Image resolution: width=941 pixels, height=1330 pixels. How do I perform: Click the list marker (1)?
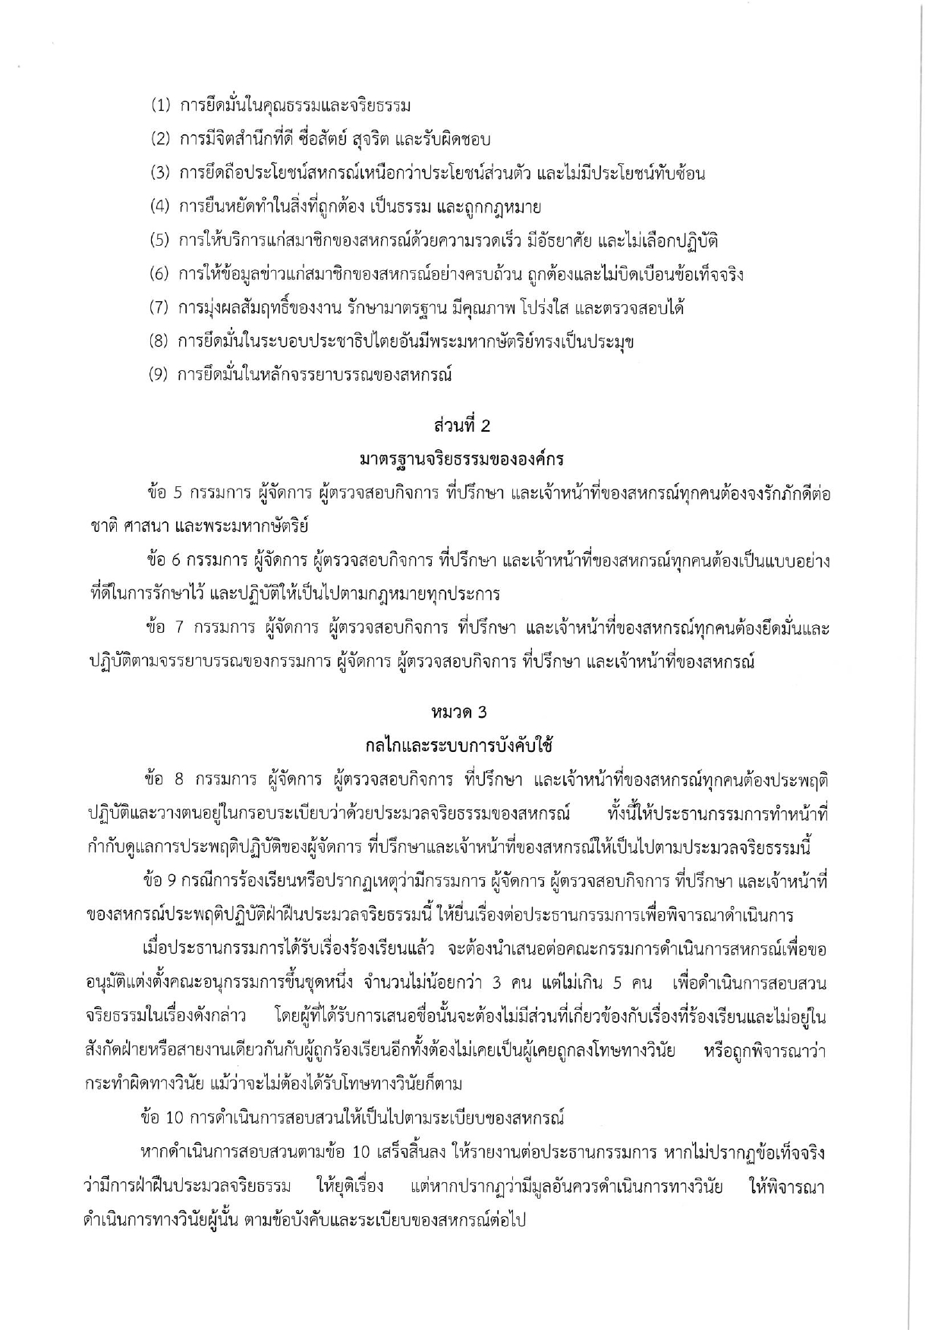point(159,106)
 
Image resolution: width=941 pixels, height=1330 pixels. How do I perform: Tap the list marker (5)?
point(159,241)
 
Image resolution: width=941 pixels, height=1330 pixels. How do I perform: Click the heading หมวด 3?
point(458,712)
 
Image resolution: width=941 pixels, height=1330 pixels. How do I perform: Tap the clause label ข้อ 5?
point(165,494)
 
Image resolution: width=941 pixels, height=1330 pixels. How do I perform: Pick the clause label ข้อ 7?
point(165,629)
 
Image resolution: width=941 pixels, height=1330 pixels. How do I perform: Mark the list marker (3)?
point(159,174)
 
